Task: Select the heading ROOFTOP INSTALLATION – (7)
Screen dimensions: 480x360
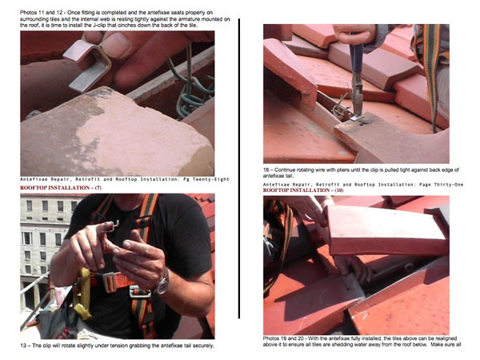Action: coord(61,188)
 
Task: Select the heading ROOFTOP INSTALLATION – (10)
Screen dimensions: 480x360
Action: coord(303,190)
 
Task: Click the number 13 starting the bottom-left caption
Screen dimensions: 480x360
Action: coord(23,346)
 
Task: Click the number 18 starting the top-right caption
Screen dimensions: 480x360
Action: coord(266,170)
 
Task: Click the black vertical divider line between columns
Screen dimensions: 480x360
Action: coord(238,168)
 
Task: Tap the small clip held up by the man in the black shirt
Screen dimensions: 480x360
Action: coord(111,226)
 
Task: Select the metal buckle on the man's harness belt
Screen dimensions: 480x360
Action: coord(140,292)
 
